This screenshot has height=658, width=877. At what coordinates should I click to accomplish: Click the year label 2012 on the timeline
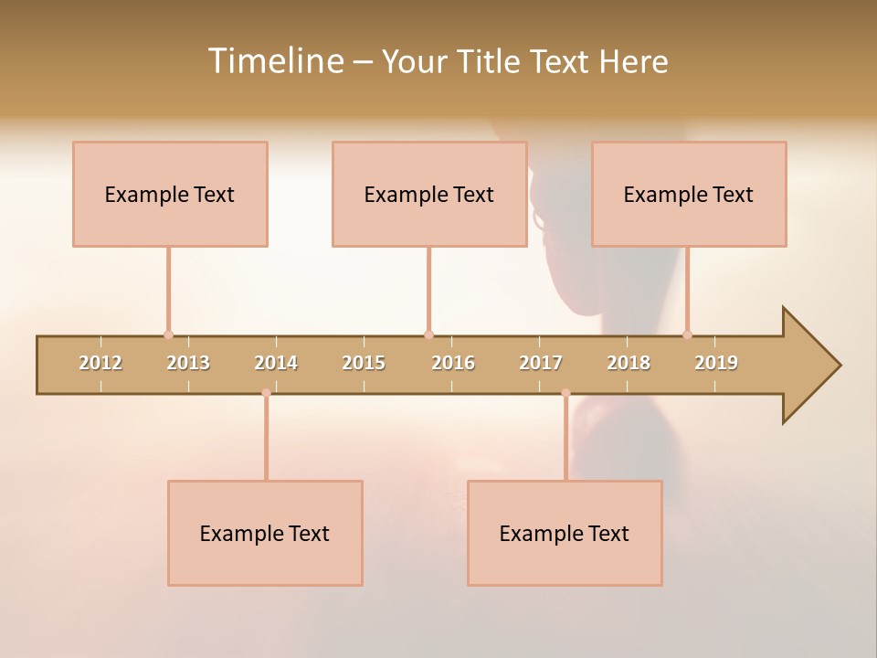[100, 363]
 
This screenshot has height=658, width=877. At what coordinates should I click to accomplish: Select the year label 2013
[188, 363]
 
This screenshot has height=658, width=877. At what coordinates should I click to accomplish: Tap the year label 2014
[276, 363]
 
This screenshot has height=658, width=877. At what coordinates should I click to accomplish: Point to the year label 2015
[364, 363]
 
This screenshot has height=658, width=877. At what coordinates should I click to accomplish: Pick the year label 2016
[453, 363]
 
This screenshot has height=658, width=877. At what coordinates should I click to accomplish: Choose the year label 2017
[541, 363]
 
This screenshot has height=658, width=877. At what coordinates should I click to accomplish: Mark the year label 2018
[629, 363]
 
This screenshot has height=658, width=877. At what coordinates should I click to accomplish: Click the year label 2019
[716, 363]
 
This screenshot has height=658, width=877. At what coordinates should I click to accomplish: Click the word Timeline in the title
[274, 61]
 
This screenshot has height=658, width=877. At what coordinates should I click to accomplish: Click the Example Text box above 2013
[170, 194]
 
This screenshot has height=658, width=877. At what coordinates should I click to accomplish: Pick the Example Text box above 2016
[429, 194]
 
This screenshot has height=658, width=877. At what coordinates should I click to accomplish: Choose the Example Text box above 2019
[689, 194]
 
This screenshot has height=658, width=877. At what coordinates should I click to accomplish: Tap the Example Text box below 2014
[265, 533]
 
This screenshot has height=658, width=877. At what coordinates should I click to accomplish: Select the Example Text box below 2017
[565, 533]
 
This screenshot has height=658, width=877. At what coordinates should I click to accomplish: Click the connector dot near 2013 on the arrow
[168, 334]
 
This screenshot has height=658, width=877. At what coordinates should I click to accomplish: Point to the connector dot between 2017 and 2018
[565, 393]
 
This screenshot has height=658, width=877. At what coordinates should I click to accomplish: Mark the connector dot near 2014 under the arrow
[266, 393]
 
